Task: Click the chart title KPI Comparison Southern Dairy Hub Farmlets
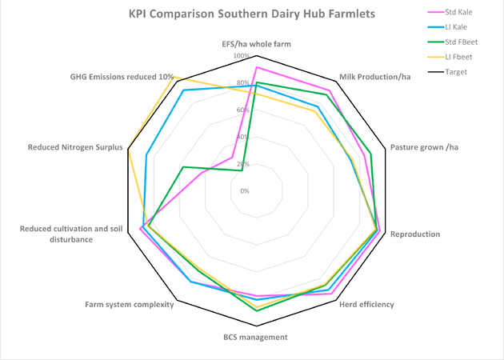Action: [x=230, y=14]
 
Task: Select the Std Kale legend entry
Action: [x=469, y=11]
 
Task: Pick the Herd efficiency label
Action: [x=367, y=304]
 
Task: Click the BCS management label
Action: [x=255, y=337]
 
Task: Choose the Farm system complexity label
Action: [x=130, y=304]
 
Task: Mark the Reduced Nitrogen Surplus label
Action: [x=74, y=147]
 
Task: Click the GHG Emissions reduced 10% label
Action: [x=122, y=76]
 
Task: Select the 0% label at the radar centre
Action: [x=245, y=191]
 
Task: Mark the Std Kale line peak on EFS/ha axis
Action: [x=256, y=68]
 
